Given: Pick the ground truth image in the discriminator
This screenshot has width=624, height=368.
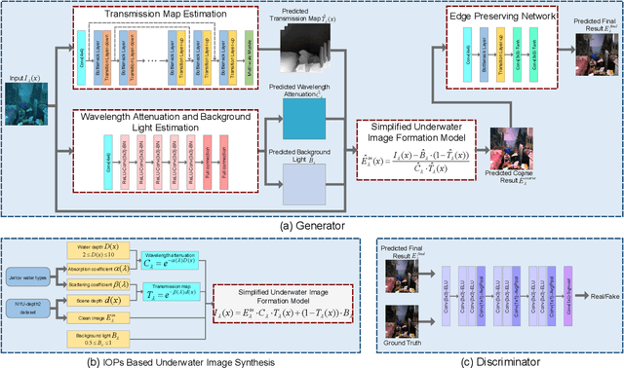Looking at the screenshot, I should (403, 317).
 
